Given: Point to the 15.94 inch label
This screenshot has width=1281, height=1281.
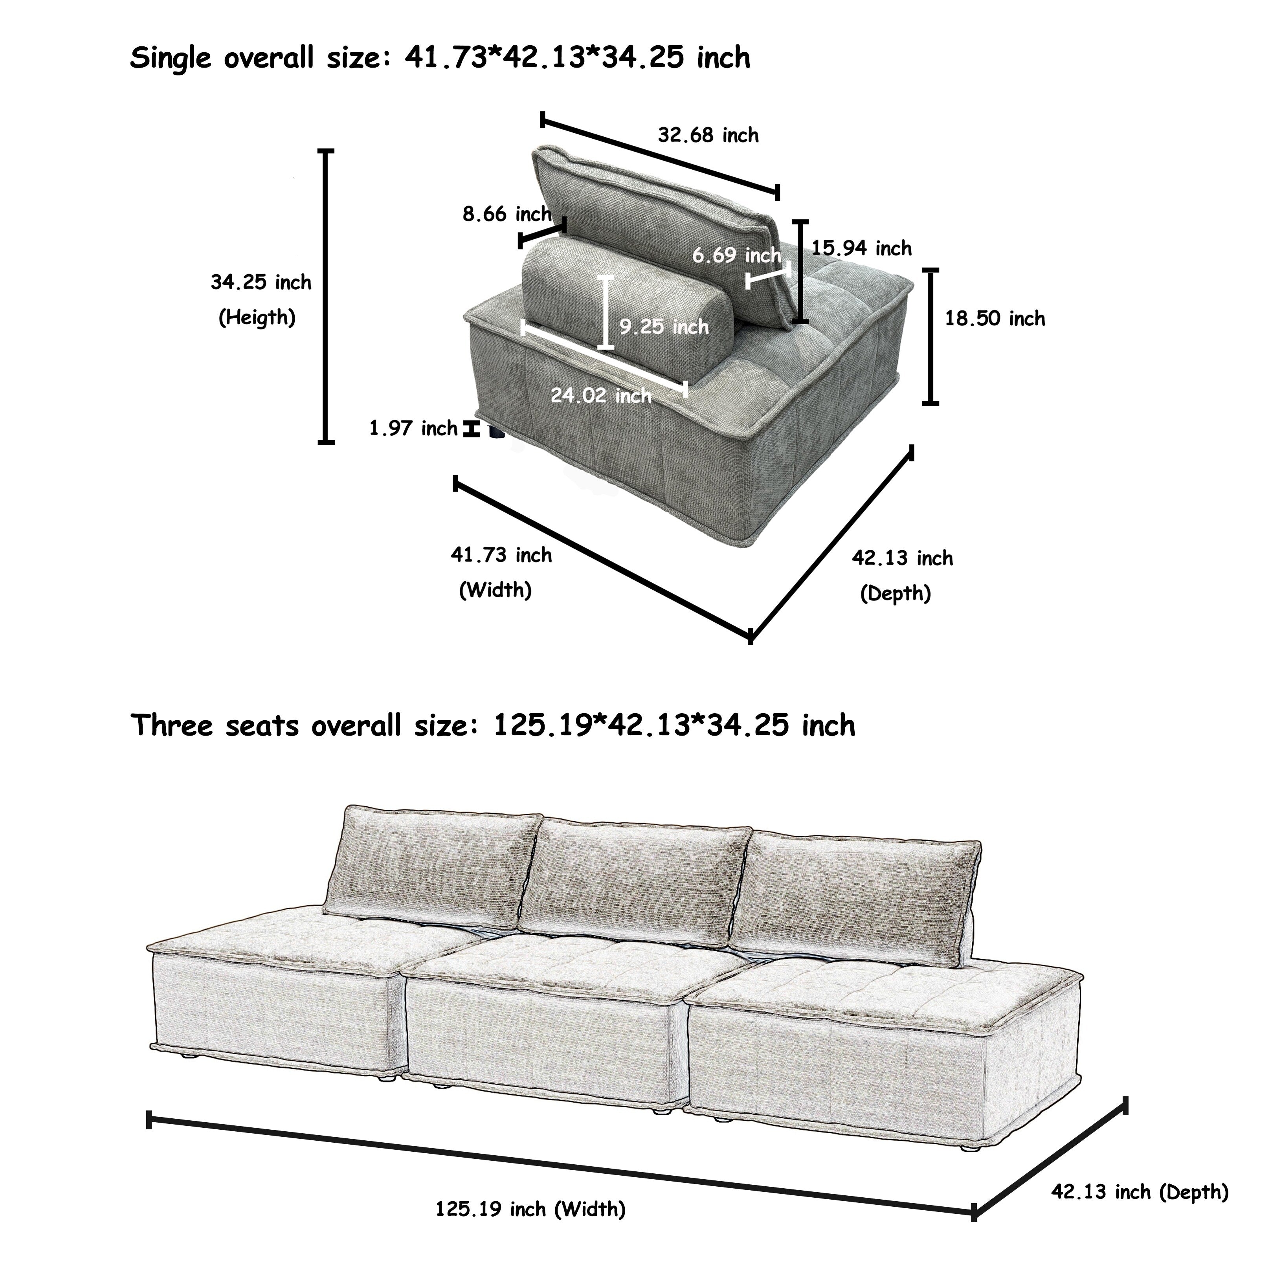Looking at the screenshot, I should click(x=861, y=249).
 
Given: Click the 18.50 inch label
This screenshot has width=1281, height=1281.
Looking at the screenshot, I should click(x=995, y=319).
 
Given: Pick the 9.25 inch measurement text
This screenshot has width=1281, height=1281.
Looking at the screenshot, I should click(x=664, y=327).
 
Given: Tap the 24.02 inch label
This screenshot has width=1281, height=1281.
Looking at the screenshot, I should click(x=601, y=396).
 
